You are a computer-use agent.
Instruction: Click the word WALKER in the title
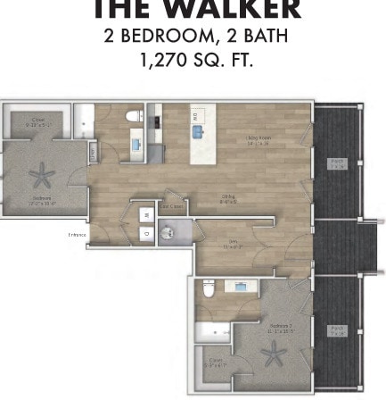(238, 12)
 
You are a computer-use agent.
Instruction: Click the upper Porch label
(337, 162)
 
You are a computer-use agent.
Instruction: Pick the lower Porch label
(337, 331)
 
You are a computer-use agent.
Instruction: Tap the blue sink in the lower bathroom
(241, 286)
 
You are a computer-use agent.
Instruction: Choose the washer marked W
(145, 215)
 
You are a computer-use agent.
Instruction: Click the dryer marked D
(145, 232)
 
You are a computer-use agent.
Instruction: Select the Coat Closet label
(173, 205)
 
